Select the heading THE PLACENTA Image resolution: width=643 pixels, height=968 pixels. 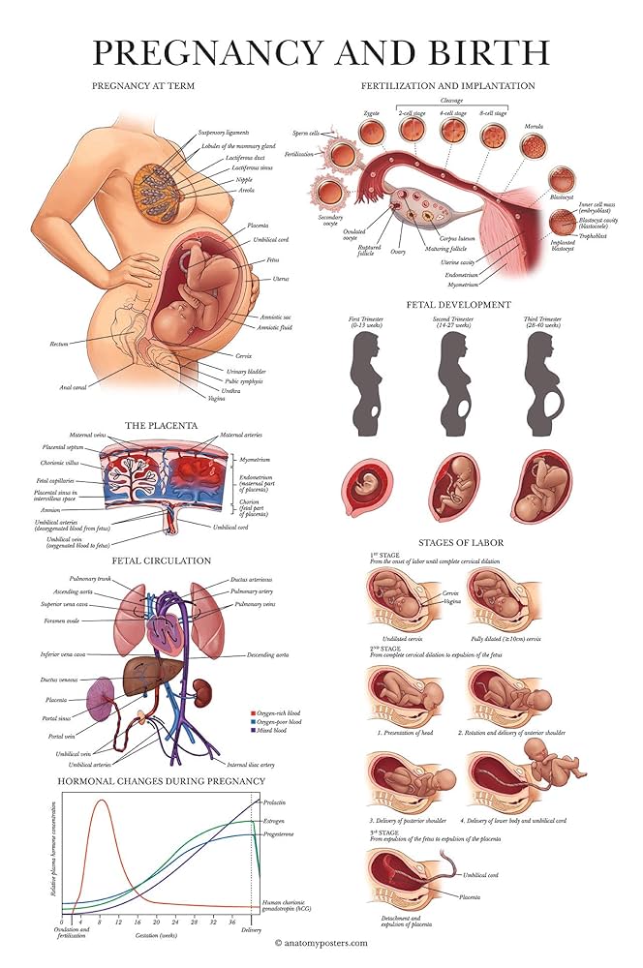(x=161, y=424)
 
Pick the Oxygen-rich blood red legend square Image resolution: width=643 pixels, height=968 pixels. (x=252, y=711)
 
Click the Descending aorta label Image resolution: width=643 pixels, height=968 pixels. (x=268, y=655)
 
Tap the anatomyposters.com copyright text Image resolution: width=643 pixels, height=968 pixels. (x=321, y=941)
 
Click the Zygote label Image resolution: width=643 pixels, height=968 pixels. (x=371, y=113)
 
